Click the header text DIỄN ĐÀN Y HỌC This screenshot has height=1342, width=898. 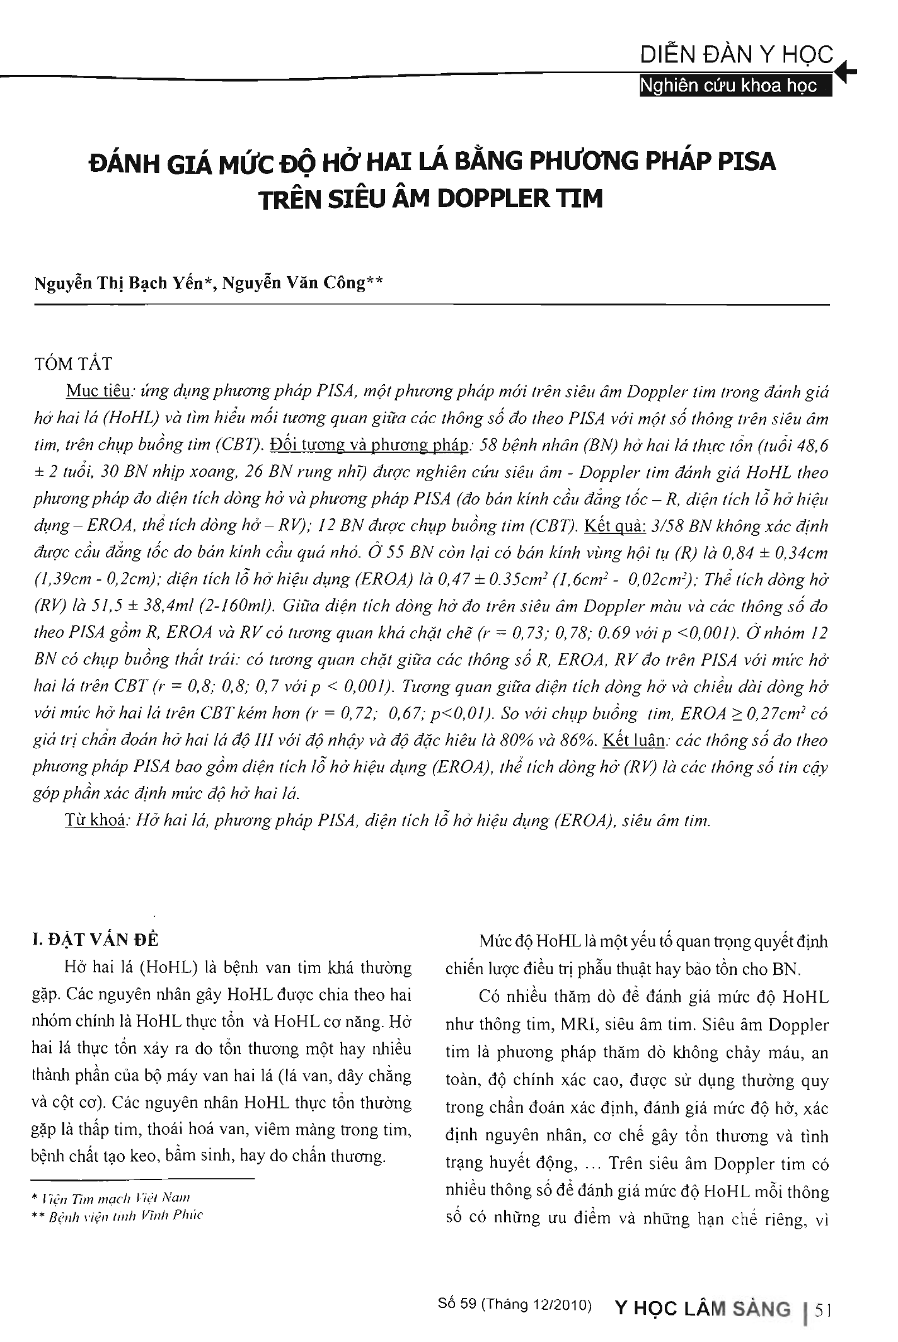(x=737, y=55)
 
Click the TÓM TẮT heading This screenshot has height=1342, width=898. (x=73, y=364)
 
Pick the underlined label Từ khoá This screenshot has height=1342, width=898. (x=95, y=821)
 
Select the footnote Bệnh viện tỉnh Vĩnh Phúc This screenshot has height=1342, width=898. (x=126, y=1215)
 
